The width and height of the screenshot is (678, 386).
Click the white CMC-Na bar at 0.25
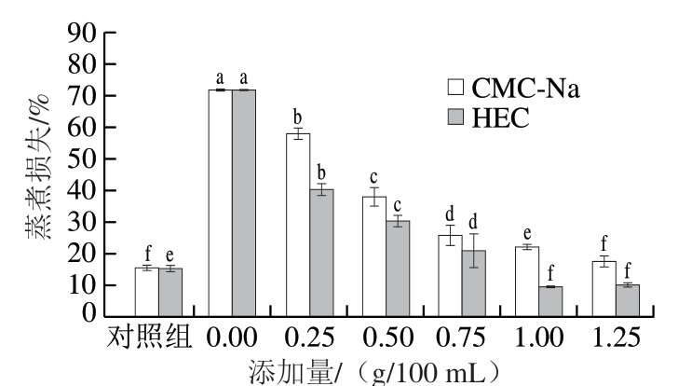(x=298, y=224)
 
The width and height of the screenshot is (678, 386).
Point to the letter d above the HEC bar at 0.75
(x=474, y=222)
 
